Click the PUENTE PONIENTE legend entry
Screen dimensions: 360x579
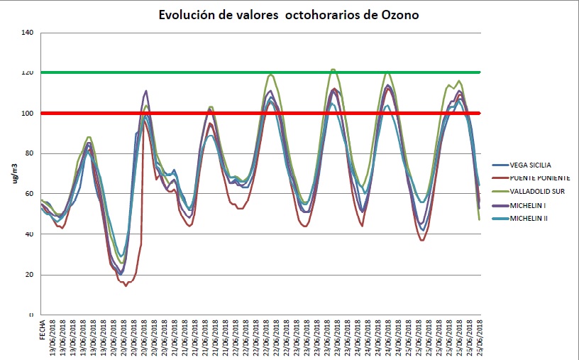[x=534, y=178]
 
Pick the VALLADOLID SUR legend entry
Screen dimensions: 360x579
[x=531, y=192]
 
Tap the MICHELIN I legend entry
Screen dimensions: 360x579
[x=523, y=205]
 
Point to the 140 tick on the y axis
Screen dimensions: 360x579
[x=28, y=33]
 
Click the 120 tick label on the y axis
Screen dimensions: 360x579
[x=28, y=73]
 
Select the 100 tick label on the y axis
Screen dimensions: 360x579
[x=28, y=114]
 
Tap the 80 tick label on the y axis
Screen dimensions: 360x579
[x=29, y=154]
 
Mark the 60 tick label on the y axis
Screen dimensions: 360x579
[x=29, y=195]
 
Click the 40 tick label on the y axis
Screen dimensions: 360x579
[x=29, y=234]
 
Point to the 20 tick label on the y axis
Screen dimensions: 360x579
[x=29, y=275]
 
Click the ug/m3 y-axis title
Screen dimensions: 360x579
[x=14, y=174]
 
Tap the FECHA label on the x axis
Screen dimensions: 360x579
[x=43, y=330]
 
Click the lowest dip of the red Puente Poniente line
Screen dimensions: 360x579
[x=126, y=285]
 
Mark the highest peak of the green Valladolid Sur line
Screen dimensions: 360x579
[x=333, y=70]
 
